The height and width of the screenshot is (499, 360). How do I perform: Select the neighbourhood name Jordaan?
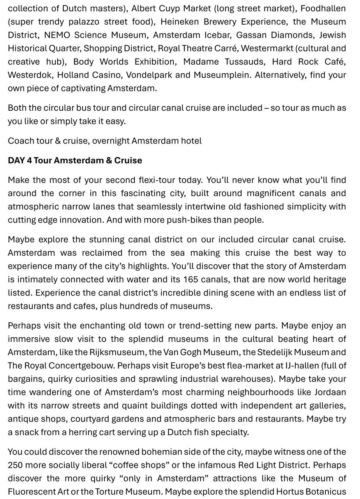point(330,392)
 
